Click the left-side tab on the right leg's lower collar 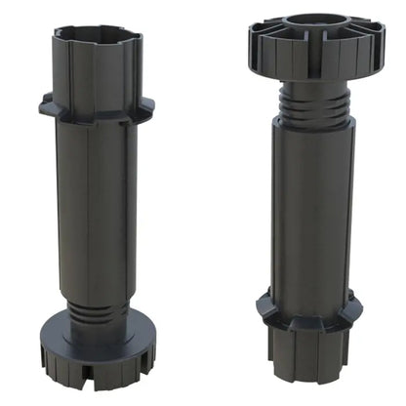264,307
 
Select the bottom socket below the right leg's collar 310,356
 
